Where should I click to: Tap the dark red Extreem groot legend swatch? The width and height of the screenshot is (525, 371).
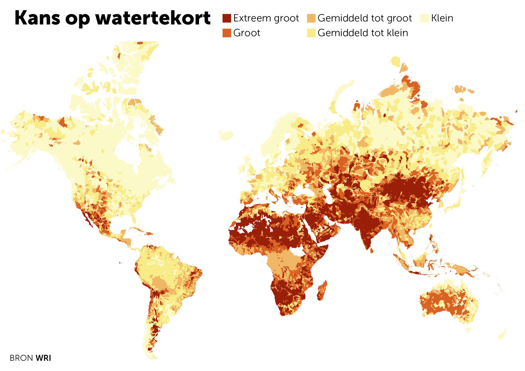(227, 18)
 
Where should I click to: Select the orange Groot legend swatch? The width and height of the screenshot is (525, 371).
(227, 33)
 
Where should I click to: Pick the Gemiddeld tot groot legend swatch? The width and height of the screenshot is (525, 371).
(311, 18)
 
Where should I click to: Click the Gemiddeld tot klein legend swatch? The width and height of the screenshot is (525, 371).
(311, 33)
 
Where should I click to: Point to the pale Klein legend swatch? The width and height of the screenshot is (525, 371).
(425, 18)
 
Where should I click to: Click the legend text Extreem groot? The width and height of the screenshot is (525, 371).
(266, 18)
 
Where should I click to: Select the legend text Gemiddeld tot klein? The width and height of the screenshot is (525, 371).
(362, 33)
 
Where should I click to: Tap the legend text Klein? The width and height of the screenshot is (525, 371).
(442, 18)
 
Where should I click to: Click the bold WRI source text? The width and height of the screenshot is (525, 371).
(44, 358)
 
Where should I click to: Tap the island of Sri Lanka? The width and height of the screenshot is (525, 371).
(372, 250)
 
